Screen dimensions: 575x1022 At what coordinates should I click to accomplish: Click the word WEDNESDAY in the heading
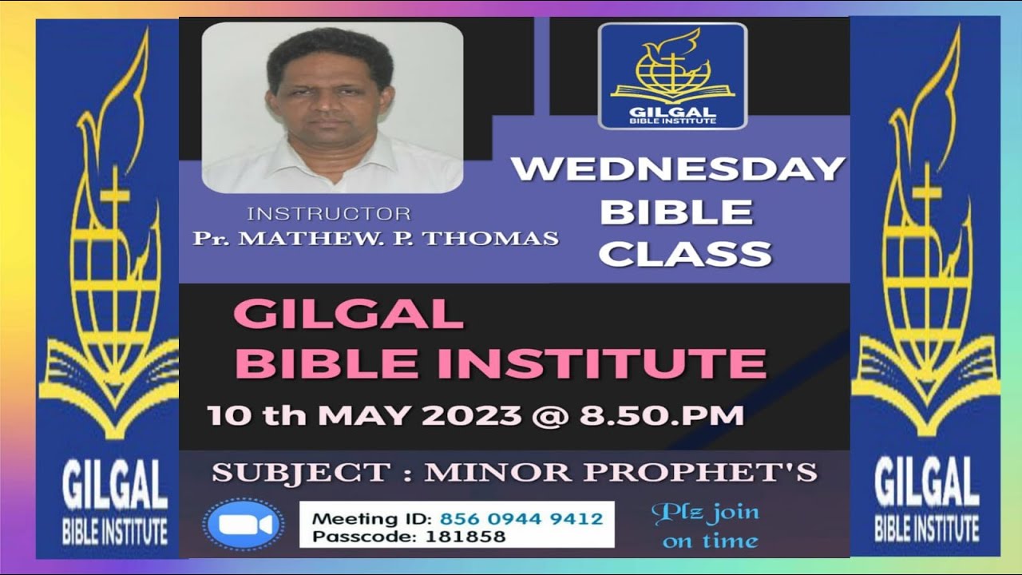tap(677, 169)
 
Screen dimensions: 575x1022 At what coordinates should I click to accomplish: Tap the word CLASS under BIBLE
tap(685, 253)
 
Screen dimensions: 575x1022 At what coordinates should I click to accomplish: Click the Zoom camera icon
tap(243, 525)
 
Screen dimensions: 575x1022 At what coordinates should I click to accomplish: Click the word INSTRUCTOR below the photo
tap(329, 213)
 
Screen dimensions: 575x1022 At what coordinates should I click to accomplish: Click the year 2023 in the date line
tap(475, 415)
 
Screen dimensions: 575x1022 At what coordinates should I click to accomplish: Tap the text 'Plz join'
tap(705, 513)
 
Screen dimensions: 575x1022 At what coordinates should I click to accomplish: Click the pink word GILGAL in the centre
tap(348, 314)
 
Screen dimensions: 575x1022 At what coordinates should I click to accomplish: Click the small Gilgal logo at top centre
tap(672, 76)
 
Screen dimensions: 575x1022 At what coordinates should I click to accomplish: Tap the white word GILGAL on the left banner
tap(115, 488)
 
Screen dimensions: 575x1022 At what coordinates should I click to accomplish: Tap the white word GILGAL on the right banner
tap(926, 488)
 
